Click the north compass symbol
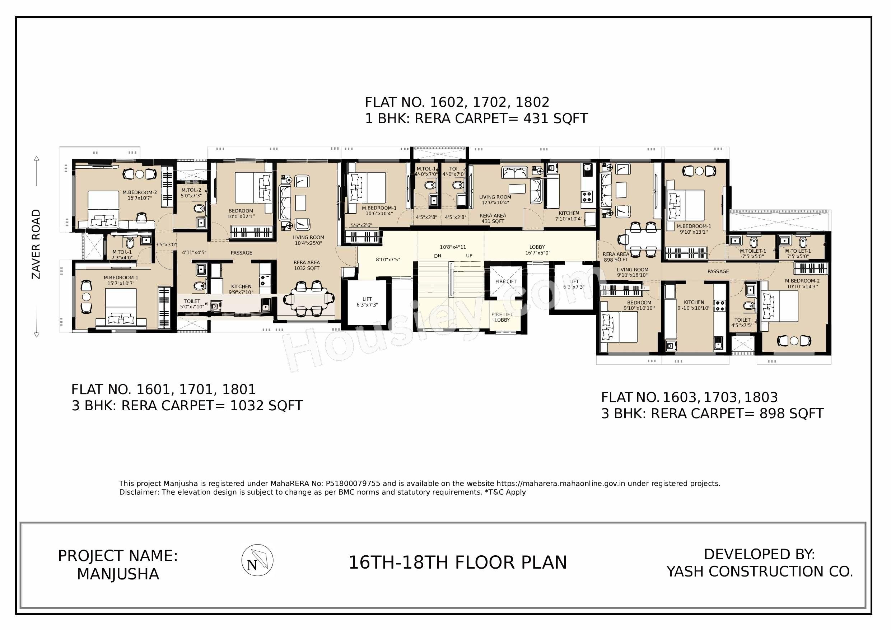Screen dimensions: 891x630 click(x=257, y=560)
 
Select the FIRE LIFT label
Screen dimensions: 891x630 click(x=506, y=281)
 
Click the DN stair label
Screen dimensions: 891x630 click(x=437, y=256)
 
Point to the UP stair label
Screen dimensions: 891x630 click(x=469, y=256)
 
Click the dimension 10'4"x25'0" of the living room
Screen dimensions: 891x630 click(x=308, y=243)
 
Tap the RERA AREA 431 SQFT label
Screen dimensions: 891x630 click(x=493, y=219)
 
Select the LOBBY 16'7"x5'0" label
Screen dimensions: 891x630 click(x=537, y=250)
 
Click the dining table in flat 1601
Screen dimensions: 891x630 click(x=309, y=299)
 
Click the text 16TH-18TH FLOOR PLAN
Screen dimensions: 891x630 click(x=458, y=563)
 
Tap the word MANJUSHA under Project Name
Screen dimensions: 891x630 click(x=118, y=574)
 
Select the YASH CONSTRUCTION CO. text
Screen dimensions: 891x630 click(x=760, y=572)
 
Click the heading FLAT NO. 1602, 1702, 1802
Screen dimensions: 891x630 click(x=457, y=102)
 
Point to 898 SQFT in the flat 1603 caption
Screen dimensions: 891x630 click(x=791, y=414)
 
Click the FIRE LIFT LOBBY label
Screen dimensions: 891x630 click(x=502, y=317)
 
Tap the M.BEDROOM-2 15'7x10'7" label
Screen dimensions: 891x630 click(x=140, y=195)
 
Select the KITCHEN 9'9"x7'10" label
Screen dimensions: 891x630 click(x=241, y=289)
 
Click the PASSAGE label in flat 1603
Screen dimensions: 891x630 click(x=718, y=271)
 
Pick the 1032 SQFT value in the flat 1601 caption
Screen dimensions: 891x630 click(x=266, y=406)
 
